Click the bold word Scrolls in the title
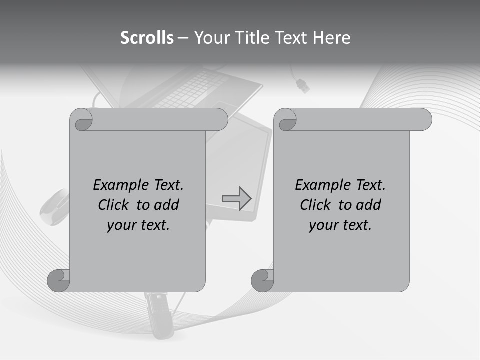147,38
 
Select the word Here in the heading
331,38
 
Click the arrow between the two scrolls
236,198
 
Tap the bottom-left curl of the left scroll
59,281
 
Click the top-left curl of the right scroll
286,120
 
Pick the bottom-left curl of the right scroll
262,281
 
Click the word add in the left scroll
166,205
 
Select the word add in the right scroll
369,205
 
